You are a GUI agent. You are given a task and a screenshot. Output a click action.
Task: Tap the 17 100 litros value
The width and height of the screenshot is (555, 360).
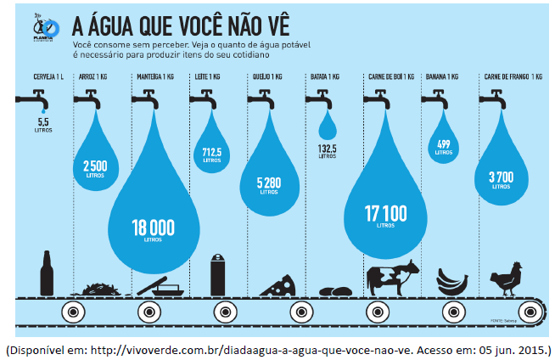385,213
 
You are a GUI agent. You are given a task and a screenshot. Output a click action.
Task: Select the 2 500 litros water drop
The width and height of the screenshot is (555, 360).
95,166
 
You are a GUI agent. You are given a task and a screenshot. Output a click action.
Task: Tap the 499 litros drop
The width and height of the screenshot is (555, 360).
443,147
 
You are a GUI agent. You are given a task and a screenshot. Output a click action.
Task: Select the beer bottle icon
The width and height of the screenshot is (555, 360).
47,273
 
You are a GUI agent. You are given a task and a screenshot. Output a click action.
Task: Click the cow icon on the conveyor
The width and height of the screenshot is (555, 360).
392,278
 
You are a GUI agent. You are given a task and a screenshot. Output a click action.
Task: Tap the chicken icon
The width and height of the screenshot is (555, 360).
507,278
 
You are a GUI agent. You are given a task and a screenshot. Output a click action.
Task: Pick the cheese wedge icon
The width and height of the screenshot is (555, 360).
277,285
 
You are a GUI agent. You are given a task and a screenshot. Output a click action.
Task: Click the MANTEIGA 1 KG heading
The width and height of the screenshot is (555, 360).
154,76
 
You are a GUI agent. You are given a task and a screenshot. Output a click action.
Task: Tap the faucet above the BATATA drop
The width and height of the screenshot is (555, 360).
322,100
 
